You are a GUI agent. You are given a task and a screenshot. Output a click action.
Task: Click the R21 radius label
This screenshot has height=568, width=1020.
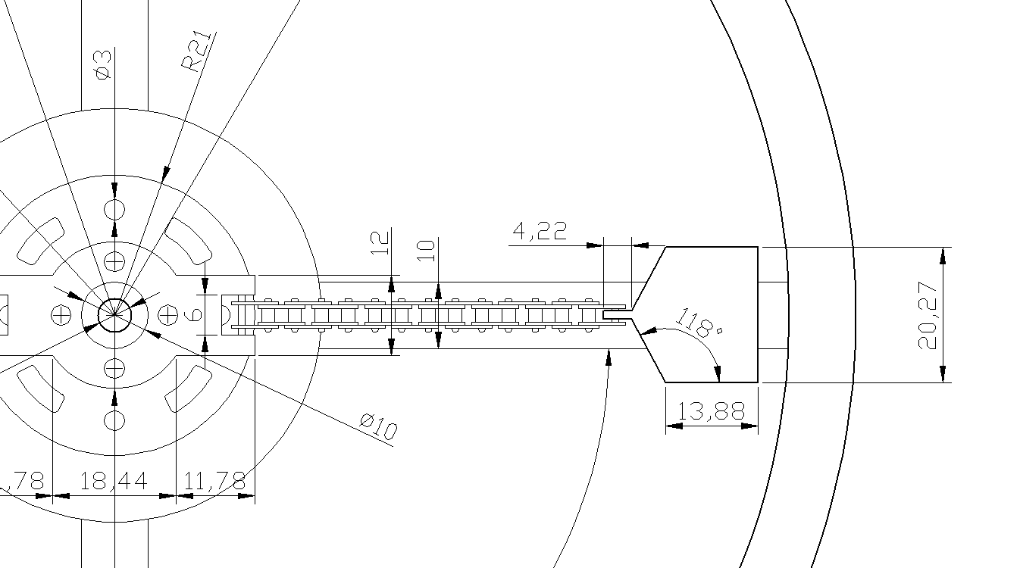point(198,51)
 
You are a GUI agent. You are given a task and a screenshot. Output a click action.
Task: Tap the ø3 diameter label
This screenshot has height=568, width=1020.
point(103,65)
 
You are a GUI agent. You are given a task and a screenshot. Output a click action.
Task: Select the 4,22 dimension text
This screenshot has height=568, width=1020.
point(540,231)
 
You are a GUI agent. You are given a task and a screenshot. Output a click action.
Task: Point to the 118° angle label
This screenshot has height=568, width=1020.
point(698,323)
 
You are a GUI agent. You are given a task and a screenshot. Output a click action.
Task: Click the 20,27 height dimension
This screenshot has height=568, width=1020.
point(928,315)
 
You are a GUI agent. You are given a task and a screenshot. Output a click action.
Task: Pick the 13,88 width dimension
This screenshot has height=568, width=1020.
point(712,411)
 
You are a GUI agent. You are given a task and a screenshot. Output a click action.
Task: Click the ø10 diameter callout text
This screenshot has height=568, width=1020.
point(378,426)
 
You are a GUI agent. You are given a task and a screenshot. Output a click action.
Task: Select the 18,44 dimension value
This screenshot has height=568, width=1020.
point(114,481)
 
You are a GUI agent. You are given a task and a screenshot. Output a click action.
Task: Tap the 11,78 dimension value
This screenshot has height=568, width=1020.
point(214,481)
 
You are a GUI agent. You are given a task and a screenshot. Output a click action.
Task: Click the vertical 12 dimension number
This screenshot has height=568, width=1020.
point(380,244)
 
